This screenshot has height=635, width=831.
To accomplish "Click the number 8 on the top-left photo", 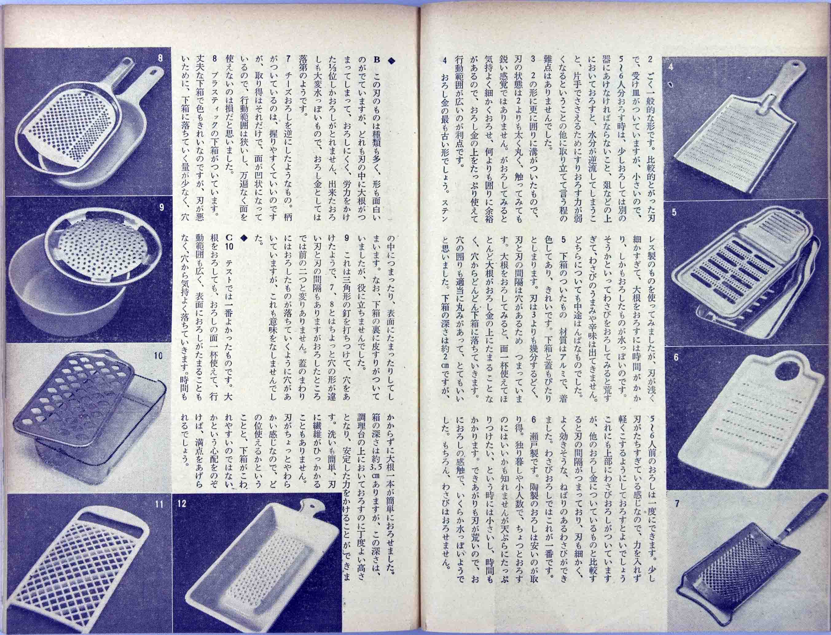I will [160, 59].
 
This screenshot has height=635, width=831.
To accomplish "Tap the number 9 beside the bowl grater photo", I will [161, 208].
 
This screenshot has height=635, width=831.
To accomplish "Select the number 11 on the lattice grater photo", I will [159, 504].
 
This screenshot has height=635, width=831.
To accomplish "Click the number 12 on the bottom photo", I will [182, 504].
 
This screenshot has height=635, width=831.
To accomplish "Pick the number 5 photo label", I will [674, 212].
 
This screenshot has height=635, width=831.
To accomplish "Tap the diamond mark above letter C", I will [244, 238].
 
